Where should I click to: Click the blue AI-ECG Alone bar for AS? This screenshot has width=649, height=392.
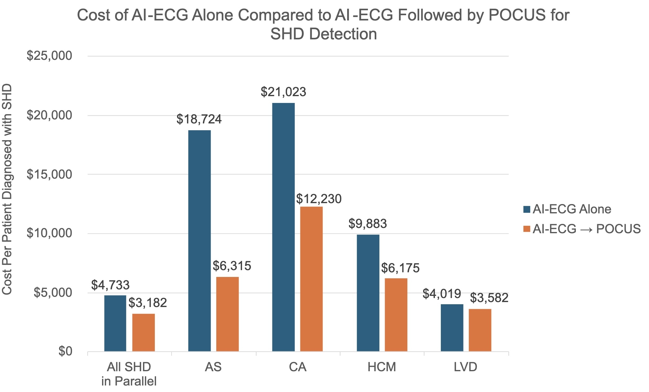click(x=199, y=241)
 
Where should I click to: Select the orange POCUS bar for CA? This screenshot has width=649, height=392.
click(x=311, y=279)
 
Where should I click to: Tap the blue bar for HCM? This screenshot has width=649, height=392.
click(x=368, y=293)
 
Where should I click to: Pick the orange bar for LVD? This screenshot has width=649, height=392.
click(x=480, y=330)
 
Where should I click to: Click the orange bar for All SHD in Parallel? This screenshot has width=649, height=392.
click(x=143, y=332)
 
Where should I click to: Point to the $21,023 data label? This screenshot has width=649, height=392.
click(x=283, y=92)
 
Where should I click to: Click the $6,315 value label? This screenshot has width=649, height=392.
click(x=232, y=266)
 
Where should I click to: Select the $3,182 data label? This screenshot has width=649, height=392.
click(x=148, y=303)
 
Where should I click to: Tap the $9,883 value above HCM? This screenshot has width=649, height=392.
click(x=368, y=224)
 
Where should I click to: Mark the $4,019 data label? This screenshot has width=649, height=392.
click(x=442, y=294)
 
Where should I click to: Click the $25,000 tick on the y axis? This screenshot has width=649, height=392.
click(x=49, y=56)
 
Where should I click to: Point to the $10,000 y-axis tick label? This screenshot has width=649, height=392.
click(x=49, y=233)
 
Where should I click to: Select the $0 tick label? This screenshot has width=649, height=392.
click(x=65, y=351)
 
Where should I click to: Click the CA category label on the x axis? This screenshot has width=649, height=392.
click(x=298, y=367)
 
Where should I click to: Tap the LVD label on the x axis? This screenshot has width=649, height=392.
click(x=465, y=367)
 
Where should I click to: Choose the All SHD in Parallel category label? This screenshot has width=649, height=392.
click(x=129, y=374)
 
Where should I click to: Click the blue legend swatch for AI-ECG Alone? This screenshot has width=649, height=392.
click(x=526, y=209)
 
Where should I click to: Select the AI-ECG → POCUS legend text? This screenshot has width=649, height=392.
click(x=586, y=229)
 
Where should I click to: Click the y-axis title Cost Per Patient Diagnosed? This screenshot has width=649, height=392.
click(x=7, y=189)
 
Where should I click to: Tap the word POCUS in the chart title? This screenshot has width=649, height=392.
click(x=517, y=15)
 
